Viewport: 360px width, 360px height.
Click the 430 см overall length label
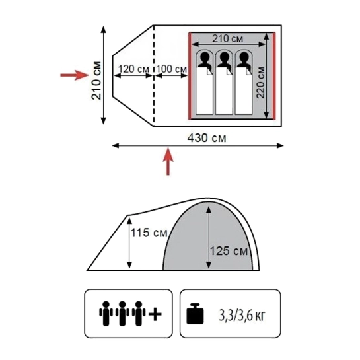[207, 138]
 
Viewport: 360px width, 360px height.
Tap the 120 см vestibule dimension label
[133, 69]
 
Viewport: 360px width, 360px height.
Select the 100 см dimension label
[171, 69]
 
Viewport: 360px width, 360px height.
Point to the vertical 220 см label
[260, 83]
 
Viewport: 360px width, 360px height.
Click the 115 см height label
[149, 233]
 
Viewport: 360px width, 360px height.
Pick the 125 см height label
[229, 251]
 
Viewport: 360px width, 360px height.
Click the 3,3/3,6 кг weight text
[242, 316]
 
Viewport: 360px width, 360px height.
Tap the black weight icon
[195, 314]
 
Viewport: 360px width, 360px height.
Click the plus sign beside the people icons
[155, 314]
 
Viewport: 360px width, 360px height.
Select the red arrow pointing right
[75, 75]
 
